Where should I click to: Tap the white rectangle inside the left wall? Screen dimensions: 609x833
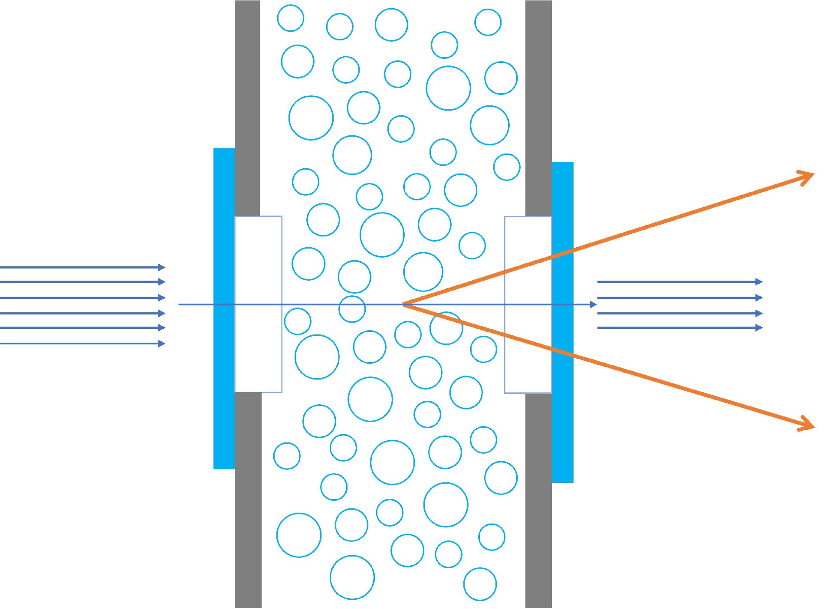point(258,260)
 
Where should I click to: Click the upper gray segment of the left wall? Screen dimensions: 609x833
point(247,108)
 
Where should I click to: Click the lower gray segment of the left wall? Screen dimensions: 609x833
point(248,499)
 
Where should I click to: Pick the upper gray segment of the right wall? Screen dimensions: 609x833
point(538,108)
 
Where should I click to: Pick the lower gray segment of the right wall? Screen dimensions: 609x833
point(538,499)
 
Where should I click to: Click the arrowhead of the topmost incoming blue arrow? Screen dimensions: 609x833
point(162,267)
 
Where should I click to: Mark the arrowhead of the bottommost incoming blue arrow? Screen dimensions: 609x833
point(162,344)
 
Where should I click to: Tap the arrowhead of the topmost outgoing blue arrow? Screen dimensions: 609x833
point(759,282)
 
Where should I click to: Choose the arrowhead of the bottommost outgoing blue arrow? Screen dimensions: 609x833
point(759,327)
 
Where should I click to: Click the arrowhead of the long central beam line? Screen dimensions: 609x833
point(594,304)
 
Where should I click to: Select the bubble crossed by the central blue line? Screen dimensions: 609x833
point(352,309)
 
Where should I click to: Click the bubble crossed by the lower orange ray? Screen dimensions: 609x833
point(446,328)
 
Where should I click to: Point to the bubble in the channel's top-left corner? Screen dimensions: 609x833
point(290,18)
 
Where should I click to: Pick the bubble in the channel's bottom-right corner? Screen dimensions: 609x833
point(480,584)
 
